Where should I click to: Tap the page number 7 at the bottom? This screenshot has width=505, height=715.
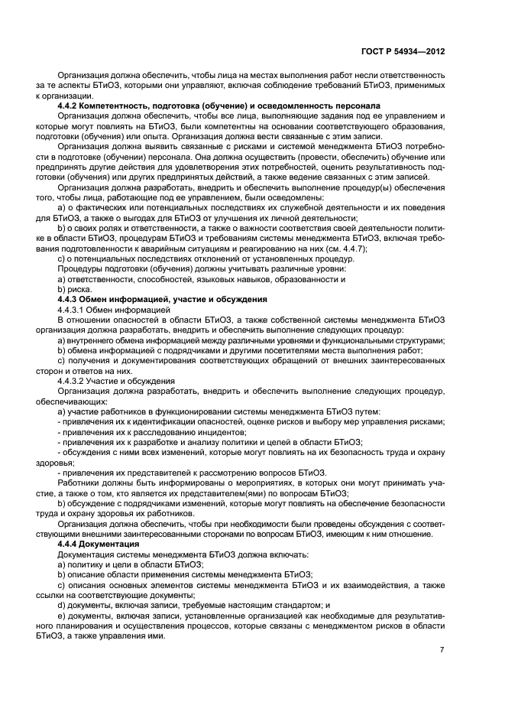point(442,649)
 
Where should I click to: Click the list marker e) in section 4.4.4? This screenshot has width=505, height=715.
point(61,614)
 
